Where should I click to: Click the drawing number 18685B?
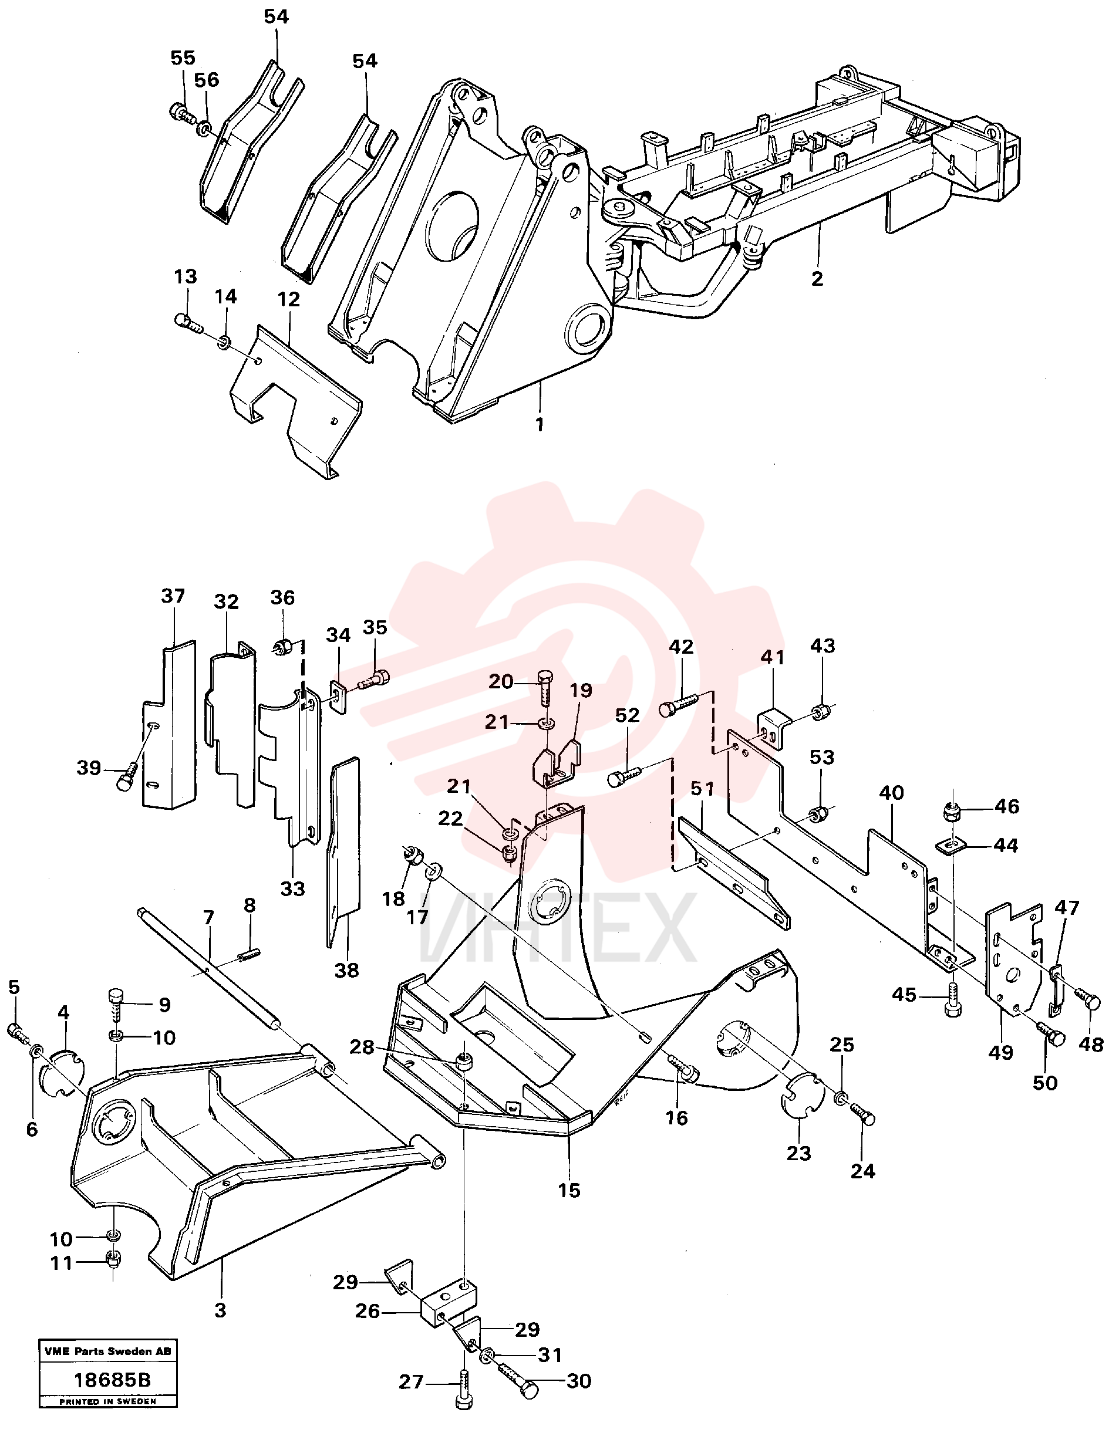pyautogui.click(x=112, y=1380)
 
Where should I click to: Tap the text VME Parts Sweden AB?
pyautogui.click(x=108, y=1351)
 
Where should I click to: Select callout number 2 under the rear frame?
pyautogui.click(x=817, y=279)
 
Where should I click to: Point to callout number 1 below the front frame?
pyautogui.click(x=540, y=424)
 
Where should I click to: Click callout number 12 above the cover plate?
pyautogui.click(x=289, y=299)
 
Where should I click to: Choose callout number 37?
pyautogui.click(x=173, y=596)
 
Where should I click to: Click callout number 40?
pyautogui.click(x=891, y=792)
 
